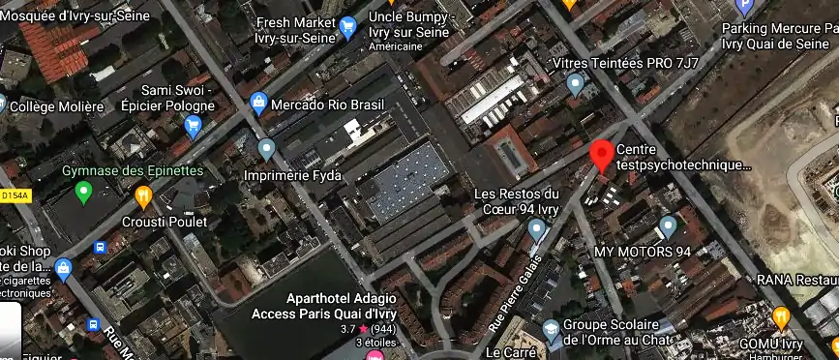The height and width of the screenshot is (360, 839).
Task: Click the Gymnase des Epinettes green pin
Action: pos(83,193)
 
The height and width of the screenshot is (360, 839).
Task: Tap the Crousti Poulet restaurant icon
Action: pos(143,197)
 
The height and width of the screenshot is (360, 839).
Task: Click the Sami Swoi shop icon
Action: pos(193,124)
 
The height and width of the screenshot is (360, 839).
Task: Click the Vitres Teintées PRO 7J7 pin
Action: pos(577,84)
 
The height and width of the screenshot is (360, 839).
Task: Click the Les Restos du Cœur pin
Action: pos(538,229)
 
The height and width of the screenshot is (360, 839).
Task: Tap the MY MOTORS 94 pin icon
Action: pos(667,226)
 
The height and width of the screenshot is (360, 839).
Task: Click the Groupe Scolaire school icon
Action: pos(551,330)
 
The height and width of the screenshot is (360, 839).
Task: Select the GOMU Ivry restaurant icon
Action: pos(781,316)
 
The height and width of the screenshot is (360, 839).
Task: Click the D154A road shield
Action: pos(15,195)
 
